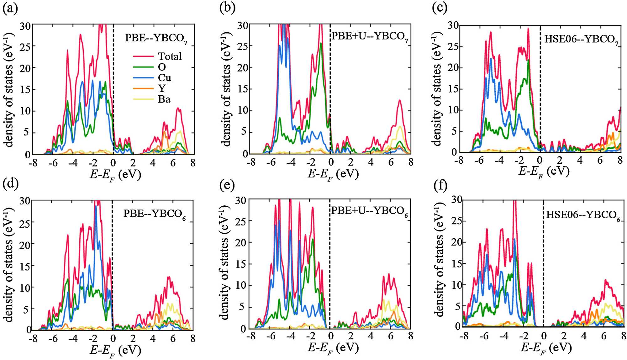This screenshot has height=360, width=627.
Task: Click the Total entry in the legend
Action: pos(170,56)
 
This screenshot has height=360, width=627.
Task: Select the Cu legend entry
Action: pos(164,78)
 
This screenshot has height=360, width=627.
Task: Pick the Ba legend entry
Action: pos(164,99)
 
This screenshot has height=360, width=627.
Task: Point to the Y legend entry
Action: pos(162,88)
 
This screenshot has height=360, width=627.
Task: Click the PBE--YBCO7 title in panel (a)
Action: pos(156,38)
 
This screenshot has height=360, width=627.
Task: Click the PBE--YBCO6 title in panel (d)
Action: pos(154,214)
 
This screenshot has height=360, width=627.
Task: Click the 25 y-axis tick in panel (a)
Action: pos(25,47)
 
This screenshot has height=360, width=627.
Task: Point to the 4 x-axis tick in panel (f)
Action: pos(584,336)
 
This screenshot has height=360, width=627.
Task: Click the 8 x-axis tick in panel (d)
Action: pos(192,338)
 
